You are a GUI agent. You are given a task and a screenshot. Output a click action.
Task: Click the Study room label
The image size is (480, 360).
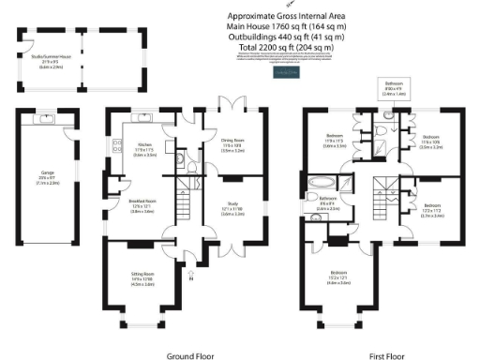(x=232, y=211)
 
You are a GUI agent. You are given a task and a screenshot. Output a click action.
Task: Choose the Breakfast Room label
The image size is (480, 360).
(x=142, y=210)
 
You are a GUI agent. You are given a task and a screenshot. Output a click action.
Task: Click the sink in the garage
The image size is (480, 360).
(x=46, y=119)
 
